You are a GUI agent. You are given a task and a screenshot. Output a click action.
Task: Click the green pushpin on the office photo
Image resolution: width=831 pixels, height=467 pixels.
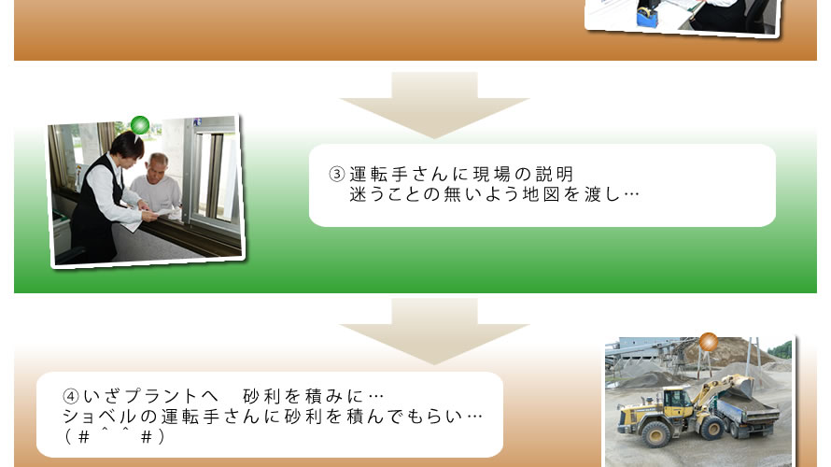tap(140, 125)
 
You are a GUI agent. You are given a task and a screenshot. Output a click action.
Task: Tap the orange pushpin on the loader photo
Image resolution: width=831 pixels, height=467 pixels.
tap(708, 343)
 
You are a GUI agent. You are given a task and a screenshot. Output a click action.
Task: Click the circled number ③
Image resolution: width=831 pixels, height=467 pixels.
tap(337, 174)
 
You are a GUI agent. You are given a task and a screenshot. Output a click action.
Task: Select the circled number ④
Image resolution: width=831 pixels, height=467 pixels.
tap(70, 396)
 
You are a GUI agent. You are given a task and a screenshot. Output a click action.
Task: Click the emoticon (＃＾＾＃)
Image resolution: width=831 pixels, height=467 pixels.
tap(115, 437)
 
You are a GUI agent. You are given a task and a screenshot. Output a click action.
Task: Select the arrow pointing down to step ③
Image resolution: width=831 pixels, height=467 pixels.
tap(434, 105)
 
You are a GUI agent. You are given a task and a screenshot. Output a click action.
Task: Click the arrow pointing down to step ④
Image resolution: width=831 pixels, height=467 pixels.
tap(434, 331)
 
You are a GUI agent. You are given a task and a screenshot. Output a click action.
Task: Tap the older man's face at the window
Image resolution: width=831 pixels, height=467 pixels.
tap(157, 166)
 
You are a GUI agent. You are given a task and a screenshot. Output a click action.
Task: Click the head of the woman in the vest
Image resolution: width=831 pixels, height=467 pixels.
tap(127, 146)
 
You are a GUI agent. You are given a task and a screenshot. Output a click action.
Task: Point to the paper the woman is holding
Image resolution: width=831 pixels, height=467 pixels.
tap(159, 213)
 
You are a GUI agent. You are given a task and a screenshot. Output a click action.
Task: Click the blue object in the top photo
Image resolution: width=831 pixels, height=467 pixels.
tap(647, 17)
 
